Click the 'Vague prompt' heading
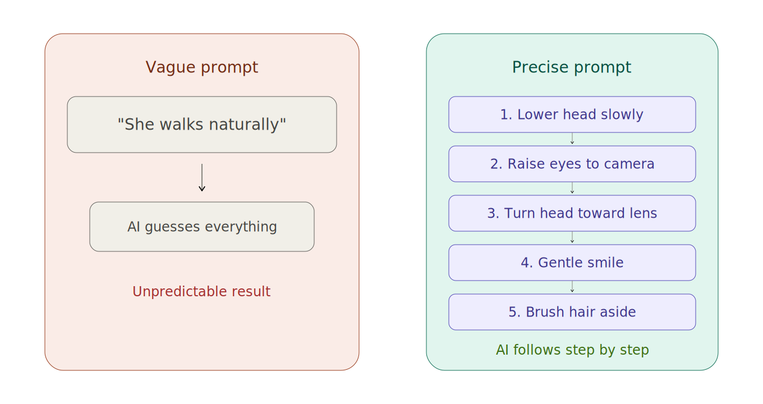coord(202,67)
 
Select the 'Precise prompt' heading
coord(572,67)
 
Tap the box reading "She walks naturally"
coord(202,125)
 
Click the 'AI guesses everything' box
coord(202,227)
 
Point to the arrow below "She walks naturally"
coord(202,177)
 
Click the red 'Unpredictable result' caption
coord(201,292)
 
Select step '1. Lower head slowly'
coord(572,114)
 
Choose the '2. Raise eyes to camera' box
coord(572,164)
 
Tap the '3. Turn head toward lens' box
coord(572,213)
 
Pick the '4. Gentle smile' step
coord(572,263)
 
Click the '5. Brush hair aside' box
coord(572,312)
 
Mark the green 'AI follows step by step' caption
coord(572,350)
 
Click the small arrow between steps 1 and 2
coord(572,139)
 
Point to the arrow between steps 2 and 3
coord(572,189)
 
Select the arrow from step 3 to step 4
coord(572,238)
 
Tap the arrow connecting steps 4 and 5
coord(572,287)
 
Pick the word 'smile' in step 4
coord(605,263)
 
